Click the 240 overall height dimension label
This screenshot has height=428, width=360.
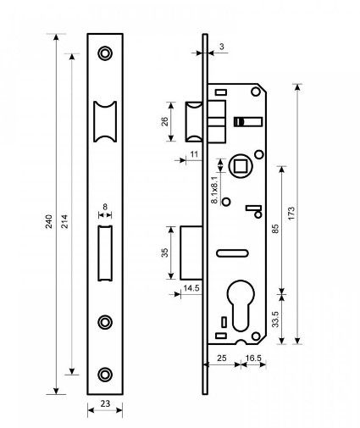49,221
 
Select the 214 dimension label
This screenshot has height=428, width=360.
64,221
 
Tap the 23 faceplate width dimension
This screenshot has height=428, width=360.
105,403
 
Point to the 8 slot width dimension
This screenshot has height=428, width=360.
105,207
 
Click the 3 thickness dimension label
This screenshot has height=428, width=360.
222,47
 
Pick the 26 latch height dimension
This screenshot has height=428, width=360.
164,121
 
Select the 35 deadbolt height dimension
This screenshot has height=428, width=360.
164,253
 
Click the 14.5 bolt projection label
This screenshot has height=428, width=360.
191,288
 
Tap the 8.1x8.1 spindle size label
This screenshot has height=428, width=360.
214,190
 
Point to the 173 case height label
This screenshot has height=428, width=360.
291,214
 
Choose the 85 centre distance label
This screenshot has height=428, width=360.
275,229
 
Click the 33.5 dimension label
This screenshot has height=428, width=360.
275,319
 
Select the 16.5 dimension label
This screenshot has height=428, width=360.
253,358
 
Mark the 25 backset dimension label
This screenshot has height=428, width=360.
222,358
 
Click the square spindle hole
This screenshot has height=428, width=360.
240,165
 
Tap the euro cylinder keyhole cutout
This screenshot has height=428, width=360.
241,305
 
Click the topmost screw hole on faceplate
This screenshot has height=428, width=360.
105,53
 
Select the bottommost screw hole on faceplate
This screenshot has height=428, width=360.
105,375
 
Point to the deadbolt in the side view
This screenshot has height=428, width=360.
191,253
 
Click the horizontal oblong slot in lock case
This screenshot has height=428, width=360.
232,253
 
